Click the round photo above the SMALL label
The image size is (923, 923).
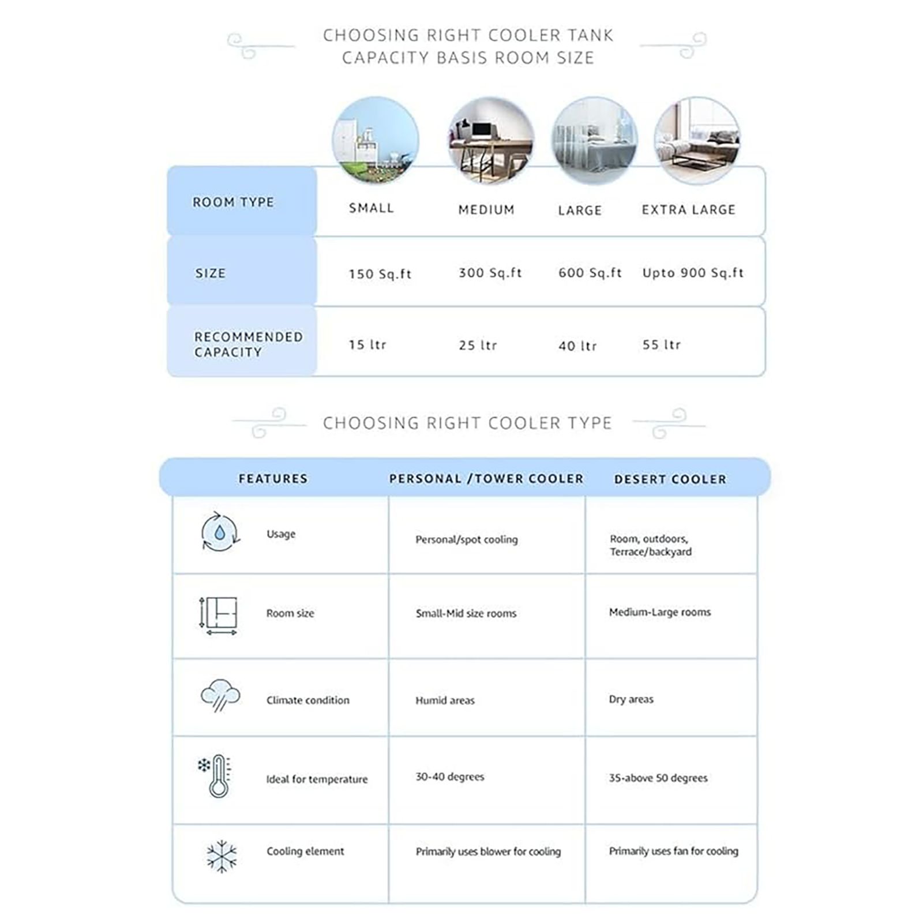pos(375,140)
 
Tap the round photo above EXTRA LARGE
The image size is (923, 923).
pos(697,140)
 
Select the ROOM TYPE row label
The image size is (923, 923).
pos(233,202)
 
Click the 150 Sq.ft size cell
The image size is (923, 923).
pos(380,273)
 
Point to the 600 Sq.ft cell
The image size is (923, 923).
pos(590,273)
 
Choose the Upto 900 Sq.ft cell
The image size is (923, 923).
pos(693,273)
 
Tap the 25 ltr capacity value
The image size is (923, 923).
pos(478,345)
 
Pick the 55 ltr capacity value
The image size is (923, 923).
pos(662,344)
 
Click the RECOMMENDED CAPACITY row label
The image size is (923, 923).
pos(248,344)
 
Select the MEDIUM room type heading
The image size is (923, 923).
pos(486,209)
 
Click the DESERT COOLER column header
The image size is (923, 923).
pos(670,479)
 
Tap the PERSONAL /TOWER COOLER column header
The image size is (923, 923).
pos(486,479)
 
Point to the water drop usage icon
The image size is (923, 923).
pos(220,532)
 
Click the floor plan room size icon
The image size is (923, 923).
pos(219,615)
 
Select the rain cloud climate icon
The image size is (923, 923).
pos(220,695)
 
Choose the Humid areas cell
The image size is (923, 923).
pos(445,700)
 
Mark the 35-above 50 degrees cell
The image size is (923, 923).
pos(658,778)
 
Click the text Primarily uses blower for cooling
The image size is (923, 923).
pos(488,851)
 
